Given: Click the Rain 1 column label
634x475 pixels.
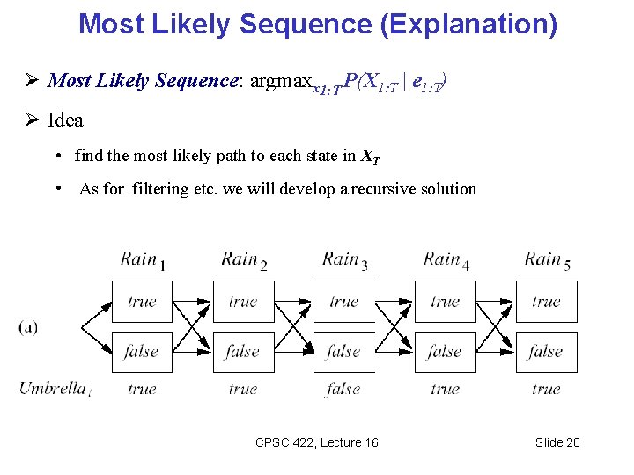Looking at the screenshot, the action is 143,259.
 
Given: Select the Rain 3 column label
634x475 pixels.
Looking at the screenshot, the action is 344,259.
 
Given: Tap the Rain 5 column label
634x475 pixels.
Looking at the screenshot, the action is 547,259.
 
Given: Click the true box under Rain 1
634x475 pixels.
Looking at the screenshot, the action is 142,302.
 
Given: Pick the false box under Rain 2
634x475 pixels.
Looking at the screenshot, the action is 243,351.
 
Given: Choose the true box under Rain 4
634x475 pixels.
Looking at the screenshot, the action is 445,302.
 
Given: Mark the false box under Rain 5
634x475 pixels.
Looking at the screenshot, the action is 546,351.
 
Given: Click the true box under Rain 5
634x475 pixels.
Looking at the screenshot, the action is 546,302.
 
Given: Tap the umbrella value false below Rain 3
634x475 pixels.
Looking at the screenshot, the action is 343,388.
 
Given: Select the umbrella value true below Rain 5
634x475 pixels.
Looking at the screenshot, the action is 546,388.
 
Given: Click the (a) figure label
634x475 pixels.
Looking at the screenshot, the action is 28,326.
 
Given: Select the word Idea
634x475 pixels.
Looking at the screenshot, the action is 66,121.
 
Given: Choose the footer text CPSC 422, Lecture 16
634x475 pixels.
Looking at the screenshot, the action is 316,442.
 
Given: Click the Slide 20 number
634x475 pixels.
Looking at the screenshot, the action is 557,442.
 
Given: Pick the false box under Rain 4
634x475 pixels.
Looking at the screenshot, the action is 445,351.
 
